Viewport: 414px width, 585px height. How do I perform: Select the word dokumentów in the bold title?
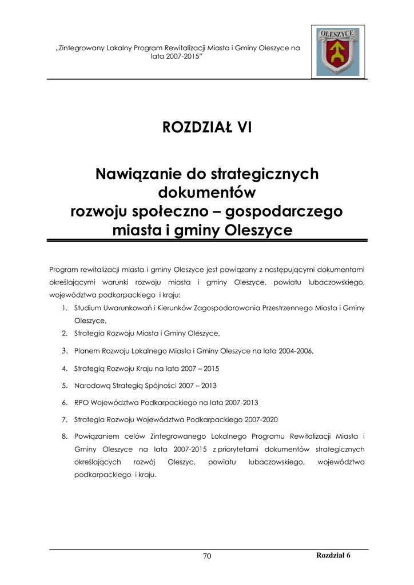[206, 192]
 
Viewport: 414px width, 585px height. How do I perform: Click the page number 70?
[207, 557]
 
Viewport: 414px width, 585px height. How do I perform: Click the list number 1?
[65, 308]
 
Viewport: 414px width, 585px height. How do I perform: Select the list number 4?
[65, 368]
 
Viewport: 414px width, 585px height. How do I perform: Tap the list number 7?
[65, 420]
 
